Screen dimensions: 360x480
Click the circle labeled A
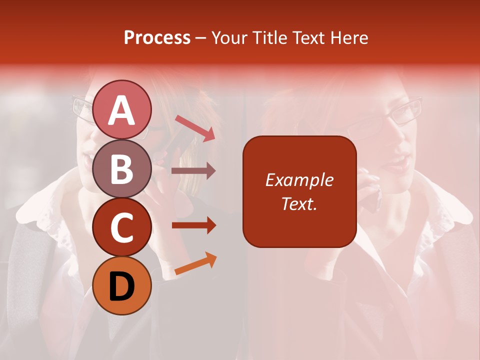(122, 109)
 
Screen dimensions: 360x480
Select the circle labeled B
(122, 168)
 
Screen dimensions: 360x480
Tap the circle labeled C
(122, 227)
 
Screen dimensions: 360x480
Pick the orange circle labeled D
(122, 285)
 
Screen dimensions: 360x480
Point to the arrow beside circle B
(193, 171)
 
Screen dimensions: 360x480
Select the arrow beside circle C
(193, 225)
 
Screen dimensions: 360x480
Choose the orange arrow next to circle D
(195, 264)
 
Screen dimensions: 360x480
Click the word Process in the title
(157, 37)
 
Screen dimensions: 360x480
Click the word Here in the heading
(348, 37)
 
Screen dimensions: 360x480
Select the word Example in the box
(299, 180)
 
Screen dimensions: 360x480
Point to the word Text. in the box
(299, 203)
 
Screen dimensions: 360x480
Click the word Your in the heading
(229, 37)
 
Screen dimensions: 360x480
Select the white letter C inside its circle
(122, 227)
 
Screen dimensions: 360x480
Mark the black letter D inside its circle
(122, 286)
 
